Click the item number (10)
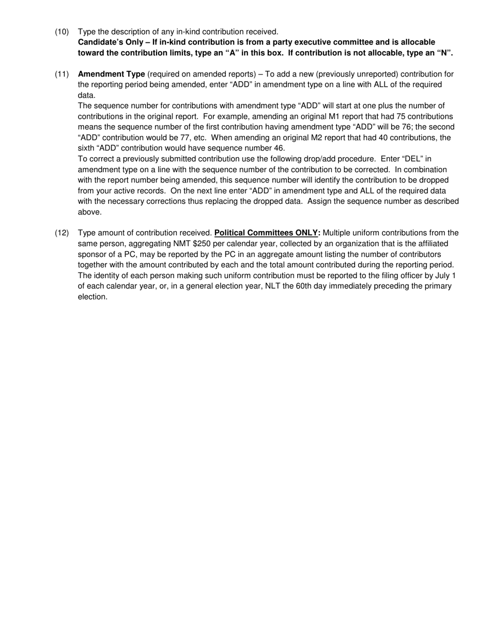62,32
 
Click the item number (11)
62,74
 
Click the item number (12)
62,233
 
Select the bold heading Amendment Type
111,74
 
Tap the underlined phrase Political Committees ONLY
266,233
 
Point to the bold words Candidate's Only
110,42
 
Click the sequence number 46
277,148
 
